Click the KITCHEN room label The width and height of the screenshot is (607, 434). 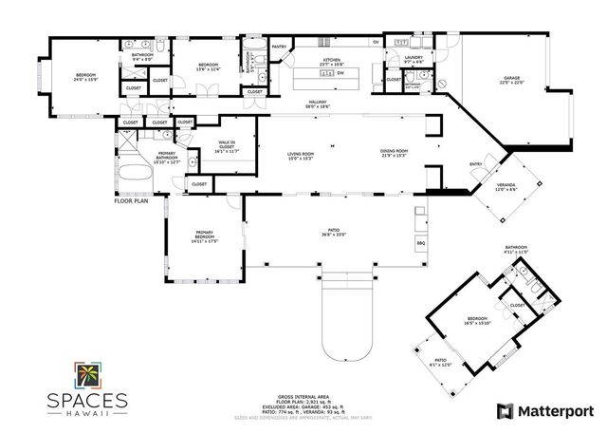(x=331, y=61)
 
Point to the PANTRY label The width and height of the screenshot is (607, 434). (x=279, y=47)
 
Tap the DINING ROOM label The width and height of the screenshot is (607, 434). (x=394, y=153)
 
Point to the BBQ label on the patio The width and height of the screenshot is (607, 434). (x=422, y=243)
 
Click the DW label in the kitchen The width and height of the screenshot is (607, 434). (x=340, y=72)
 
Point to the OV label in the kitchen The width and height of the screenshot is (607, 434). (x=376, y=42)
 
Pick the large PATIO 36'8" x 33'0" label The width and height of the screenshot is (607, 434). (x=331, y=232)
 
